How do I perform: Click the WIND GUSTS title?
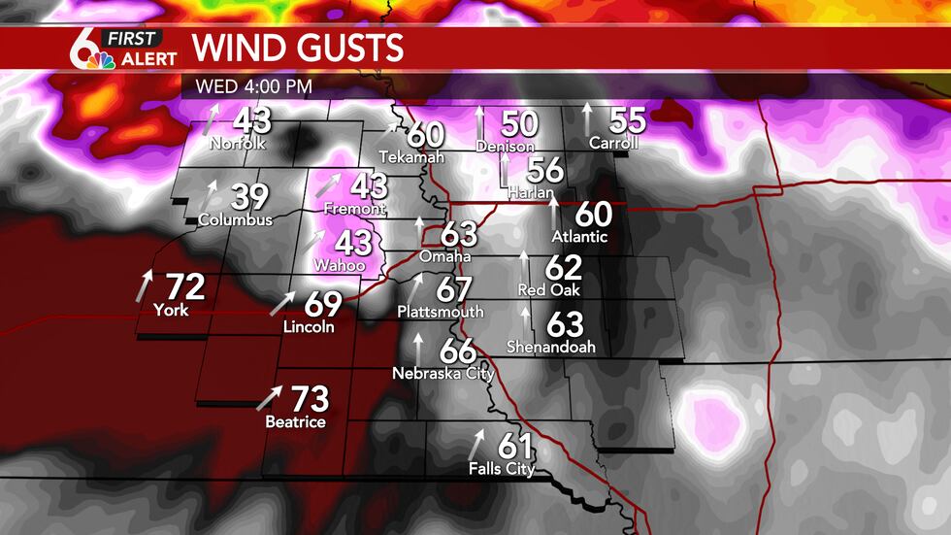coord(298,48)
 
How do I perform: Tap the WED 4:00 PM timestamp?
coord(253,85)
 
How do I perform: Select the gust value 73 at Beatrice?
coord(311,399)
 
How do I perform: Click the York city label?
coord(171,311)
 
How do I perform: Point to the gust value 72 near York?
coord(185,287)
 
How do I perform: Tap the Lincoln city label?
coord(309,327)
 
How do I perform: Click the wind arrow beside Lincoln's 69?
coord(282,304)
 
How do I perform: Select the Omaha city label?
coord(445,257)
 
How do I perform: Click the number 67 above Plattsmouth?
coord(453,289)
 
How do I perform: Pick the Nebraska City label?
coord(443,373)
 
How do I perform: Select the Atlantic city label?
coord(579,236)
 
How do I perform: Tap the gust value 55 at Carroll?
coord(627,121)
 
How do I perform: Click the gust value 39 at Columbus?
coord(249,197)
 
